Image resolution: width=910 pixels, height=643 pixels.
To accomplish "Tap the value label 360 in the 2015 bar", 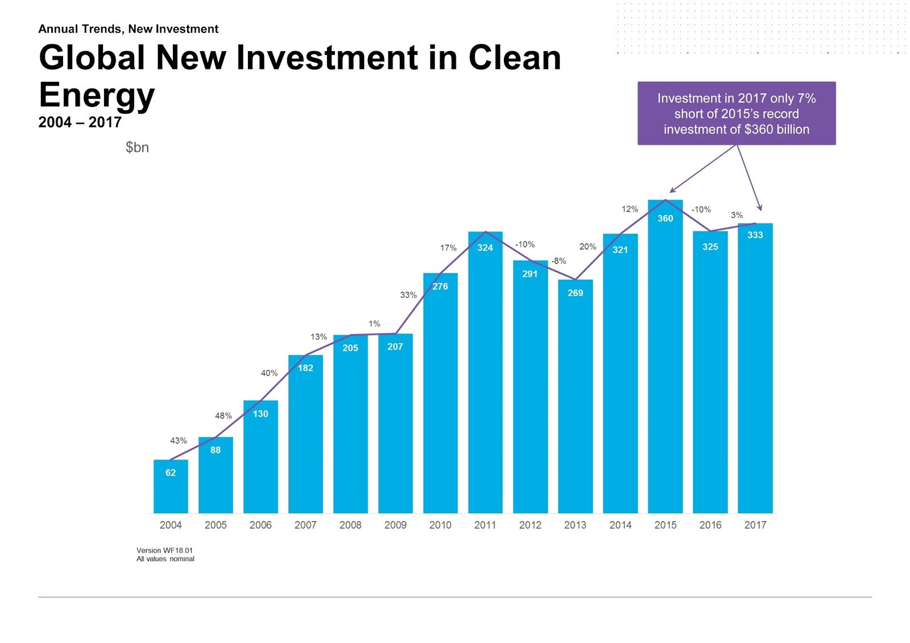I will (665, 218).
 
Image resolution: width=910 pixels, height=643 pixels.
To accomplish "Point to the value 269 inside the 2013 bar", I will (575, 293).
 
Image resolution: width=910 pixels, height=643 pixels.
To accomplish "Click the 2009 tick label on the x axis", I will (395, 525).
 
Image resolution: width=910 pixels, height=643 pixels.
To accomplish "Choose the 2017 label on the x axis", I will (755, 525).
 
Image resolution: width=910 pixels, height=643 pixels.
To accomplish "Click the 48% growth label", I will (224, 416).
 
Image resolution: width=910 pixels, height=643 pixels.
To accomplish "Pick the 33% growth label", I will (408, 295).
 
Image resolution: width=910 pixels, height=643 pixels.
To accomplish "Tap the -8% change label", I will (559, 261).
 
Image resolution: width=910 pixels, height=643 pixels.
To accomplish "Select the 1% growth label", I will (374, 323).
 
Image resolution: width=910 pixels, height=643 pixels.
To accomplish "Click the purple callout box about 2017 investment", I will (736, 113).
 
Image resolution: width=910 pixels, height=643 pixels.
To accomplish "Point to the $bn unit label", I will (137, 147).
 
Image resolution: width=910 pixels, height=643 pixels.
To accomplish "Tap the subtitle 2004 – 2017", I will (80, 122).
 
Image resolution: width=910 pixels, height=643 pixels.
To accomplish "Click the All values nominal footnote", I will (165, 559).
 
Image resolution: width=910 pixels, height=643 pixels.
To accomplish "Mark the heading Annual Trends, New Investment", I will (128, 29).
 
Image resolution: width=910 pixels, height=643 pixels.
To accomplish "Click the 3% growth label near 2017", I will (737, 215).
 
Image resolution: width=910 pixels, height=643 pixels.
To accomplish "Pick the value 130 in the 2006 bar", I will (260, 414).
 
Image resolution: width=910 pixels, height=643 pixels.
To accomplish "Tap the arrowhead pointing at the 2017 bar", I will (760, 209).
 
